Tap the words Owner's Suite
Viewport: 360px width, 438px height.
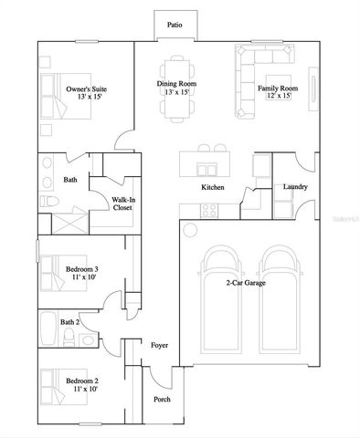[x=87, y=89]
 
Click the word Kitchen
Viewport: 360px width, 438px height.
[x=213, y=188]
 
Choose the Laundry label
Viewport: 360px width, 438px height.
[x=295, y=188]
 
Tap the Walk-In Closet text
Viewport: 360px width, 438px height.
[x=122, y=203]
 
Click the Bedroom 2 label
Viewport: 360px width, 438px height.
[x=80, y=379]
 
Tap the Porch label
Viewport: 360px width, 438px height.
[x=161, y=399]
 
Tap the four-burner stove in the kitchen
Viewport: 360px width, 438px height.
[x=208, y=209]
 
